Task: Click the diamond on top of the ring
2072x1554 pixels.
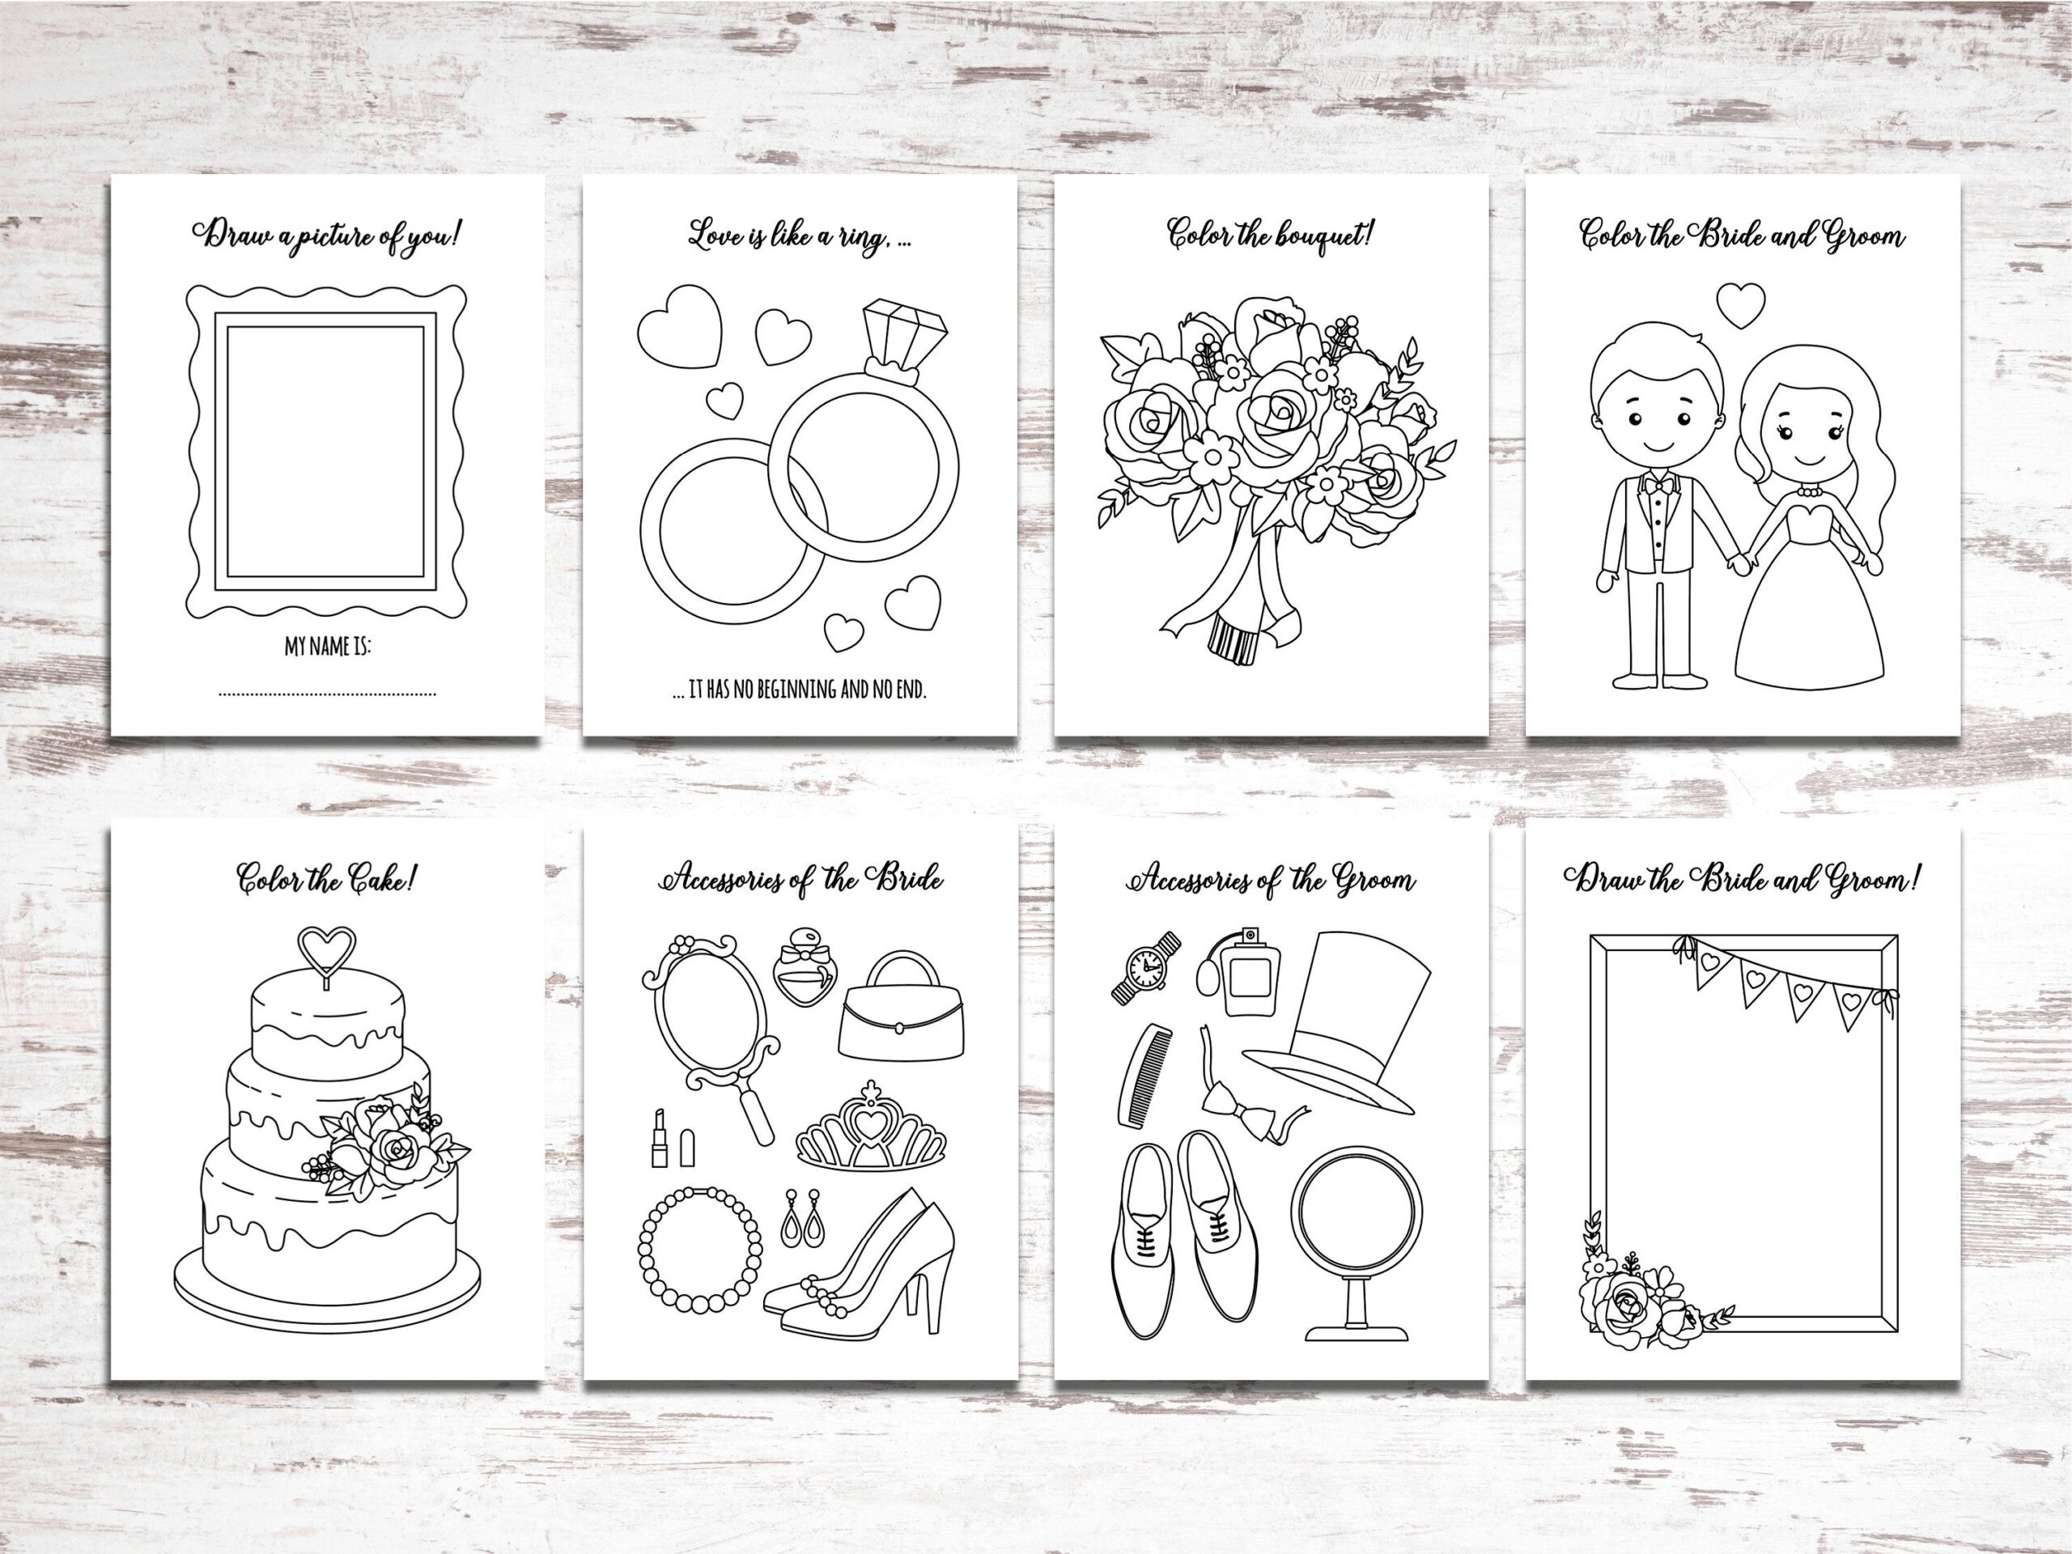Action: click(x=905, y=332)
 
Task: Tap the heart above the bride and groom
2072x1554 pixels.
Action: click(x=1740, y=305)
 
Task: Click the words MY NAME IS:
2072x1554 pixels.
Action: click(x=328, y=647)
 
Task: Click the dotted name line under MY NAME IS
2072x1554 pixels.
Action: click(x=327, y=695)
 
